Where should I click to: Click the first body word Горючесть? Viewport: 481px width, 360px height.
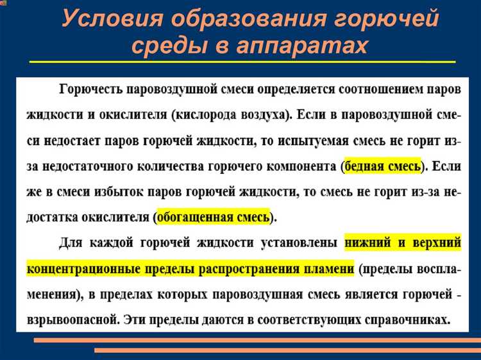[x=92, y=88]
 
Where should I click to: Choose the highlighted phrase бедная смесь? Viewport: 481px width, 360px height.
[x=383, y=166]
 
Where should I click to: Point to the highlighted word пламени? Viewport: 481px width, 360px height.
[x=323, y=269]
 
